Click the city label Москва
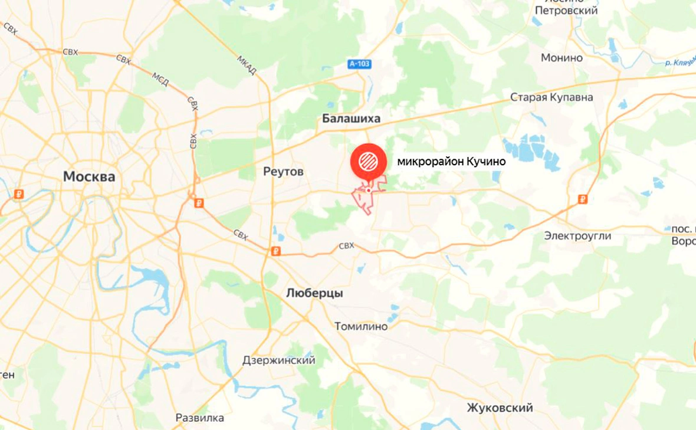click(x=89, y=176)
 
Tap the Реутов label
click(x=283, y=172)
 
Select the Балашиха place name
click(x=351, y=119)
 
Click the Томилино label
click(x=361, y=326)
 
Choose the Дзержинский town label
click(x=278, y=360)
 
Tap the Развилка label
click(x=200, y=418)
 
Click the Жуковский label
click(x=500, y=408)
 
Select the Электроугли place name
click(x=577, y=236)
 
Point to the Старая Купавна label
click(x=551, y=97)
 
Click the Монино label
click(x=562, y=58)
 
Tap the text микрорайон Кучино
click(x=451, y=160)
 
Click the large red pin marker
click(x=368, y=161)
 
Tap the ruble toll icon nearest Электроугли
click(x=583, y=199)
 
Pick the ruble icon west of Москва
click(x=19, y=194)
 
